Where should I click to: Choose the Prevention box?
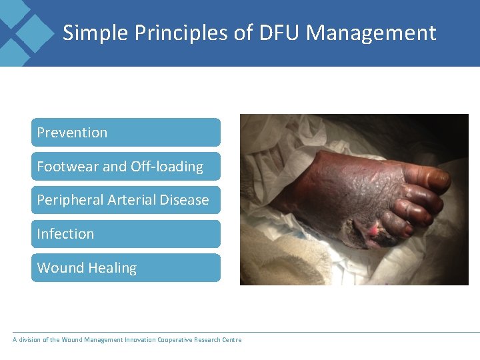pos(125,133)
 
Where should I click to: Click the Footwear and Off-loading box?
pos(125,167)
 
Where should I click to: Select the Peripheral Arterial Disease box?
pos(125,200)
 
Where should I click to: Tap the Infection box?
pos(125,234)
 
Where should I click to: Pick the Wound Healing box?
pos(125,268)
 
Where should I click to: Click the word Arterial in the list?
pos(139,200)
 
